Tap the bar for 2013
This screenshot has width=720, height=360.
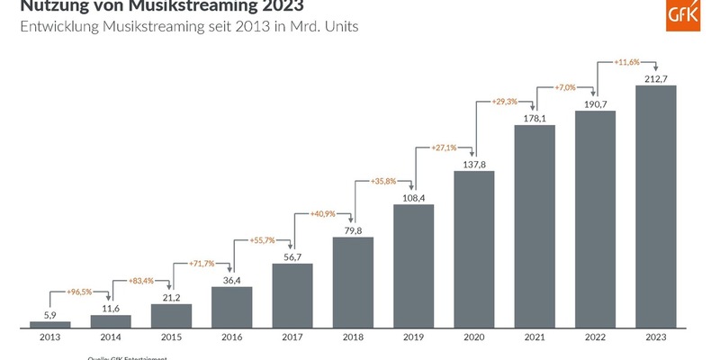click(49, 324)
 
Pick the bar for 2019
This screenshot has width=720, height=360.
click(413, 266)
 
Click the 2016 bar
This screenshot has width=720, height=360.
click(231, 307)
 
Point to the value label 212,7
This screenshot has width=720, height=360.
click(655, 76)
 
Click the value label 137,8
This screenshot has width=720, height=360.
click(473, 163)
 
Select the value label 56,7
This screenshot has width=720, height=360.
click(292, 256)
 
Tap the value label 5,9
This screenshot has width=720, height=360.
click(49, 313)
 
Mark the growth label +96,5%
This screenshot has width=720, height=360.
click(81, 292)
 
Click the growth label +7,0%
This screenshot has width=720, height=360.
click(565, 87)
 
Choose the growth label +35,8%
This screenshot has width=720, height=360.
click(383, 181)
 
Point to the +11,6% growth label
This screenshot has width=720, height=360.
click(626, 63)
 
